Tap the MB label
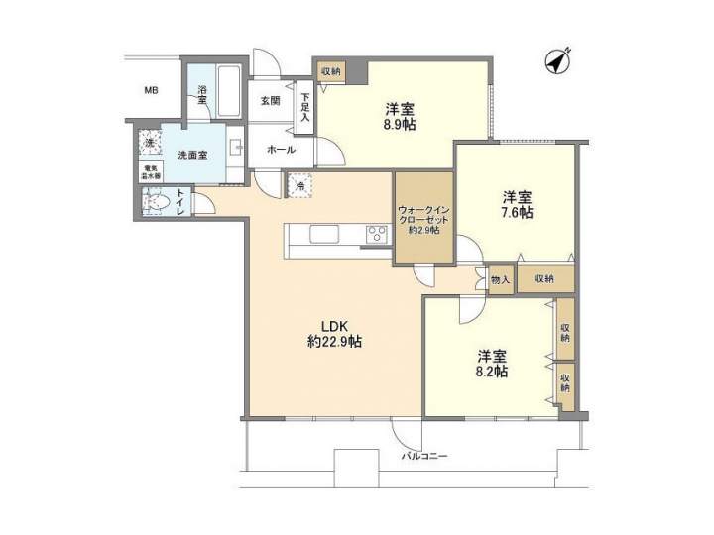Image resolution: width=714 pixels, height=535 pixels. click(152, 92)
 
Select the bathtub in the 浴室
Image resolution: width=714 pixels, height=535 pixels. click(228, 93)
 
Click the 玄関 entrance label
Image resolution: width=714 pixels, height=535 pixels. click(270, 101)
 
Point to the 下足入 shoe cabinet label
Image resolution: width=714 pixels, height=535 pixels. click(305, 106)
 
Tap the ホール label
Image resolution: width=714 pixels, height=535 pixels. click(280, 149)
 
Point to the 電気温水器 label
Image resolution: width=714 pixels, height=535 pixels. click(151, 172)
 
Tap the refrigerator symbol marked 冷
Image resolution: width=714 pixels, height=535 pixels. click(299, 183)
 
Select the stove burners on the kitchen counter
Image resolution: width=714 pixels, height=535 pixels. click(377, 235)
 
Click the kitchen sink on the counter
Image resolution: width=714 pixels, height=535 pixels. click(325, 235)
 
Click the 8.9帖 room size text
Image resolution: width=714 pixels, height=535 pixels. click(403, 126)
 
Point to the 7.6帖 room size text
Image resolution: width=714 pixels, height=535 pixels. click(516, 212)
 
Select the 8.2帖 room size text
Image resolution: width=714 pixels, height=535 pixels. click(491, 372)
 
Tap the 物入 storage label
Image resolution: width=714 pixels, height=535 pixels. click(500, 280)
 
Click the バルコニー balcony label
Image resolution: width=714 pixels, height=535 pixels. click(424, 457)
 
